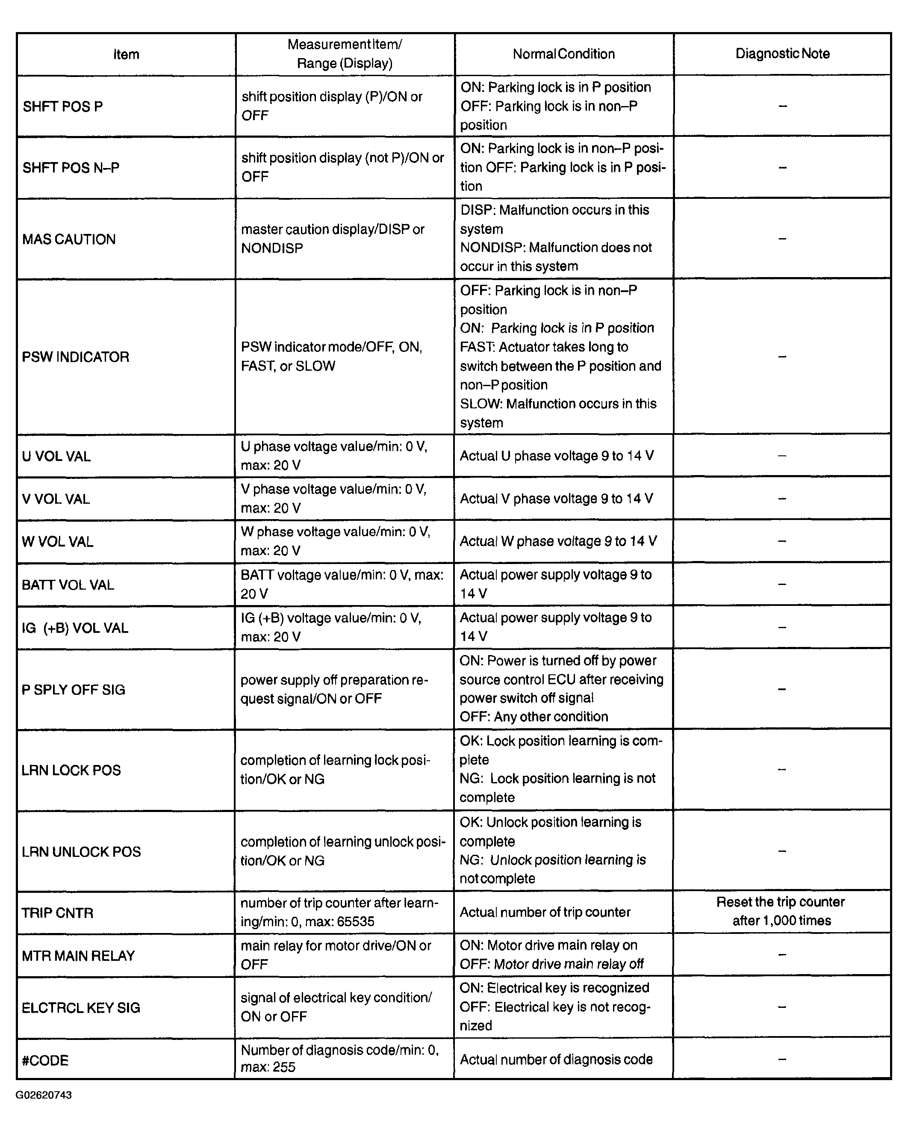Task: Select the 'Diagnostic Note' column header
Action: point(782,53)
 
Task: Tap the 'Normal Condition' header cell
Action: point(563,54)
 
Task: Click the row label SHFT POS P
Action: point(62,106)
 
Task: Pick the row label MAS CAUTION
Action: point(69,239)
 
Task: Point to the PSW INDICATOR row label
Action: point(76,357)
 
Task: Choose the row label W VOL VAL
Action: point(58,541)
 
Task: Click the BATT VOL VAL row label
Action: point(68,585)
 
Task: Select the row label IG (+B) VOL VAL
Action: point(75,628)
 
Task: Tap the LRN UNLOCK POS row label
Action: point(81,851)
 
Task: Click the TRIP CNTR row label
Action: point(58,913)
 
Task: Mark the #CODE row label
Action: point(45,1060)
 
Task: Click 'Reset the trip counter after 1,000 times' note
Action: point(781,911)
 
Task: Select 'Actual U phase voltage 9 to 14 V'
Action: point(557,456)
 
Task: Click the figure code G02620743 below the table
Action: point(44,1095)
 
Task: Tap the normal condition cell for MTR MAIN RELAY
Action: point(551,955)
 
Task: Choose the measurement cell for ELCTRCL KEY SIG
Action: point(336,1007)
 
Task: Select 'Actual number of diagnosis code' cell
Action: point(556,1060)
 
